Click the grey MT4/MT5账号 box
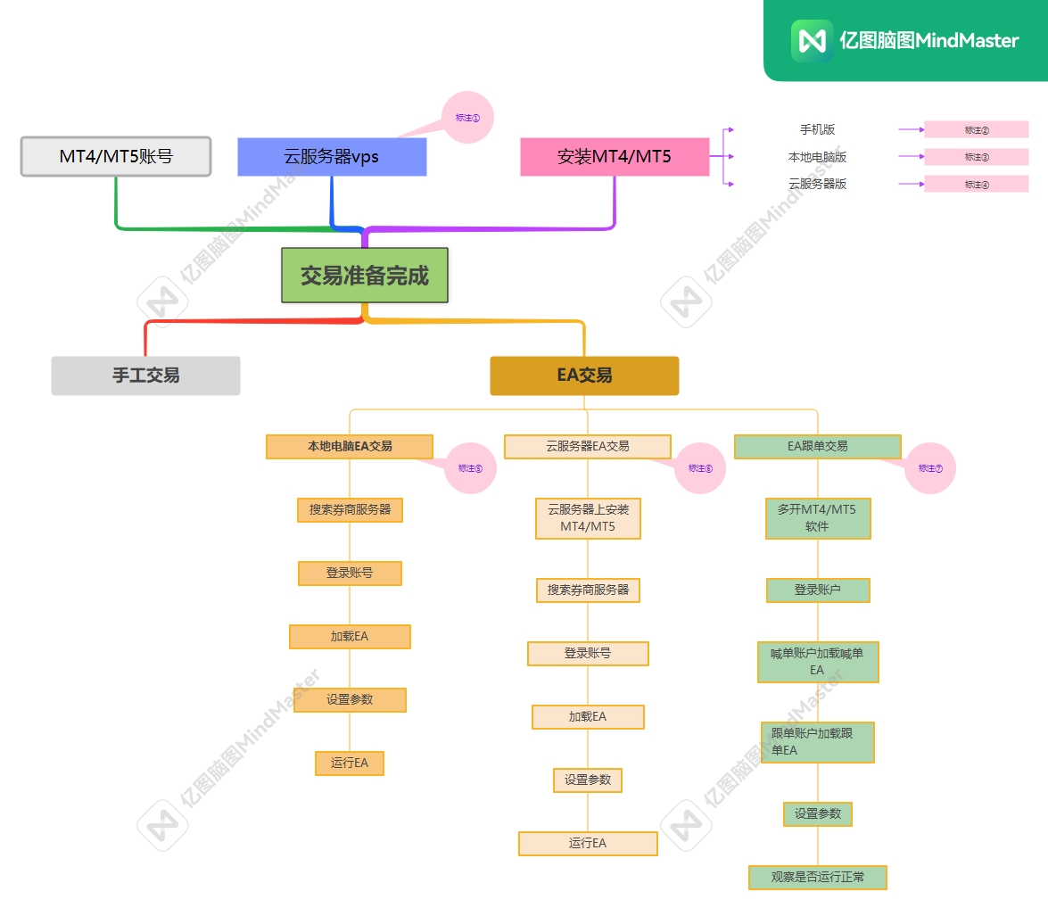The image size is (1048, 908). [116, 156]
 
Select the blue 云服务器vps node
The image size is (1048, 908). [332, 156]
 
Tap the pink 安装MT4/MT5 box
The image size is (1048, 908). [615, 156]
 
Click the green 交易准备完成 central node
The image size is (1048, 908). [364, 276]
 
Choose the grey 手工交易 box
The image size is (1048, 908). [145, 376]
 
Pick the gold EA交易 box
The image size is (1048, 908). [584, 376]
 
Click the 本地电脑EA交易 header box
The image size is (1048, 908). [350, 446]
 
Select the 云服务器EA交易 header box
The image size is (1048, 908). [588, 446]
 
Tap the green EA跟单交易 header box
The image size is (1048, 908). [817, 446]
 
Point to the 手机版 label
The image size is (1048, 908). [817, 129]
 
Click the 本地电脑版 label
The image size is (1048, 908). [817, 157]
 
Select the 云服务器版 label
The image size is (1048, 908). [817, 184]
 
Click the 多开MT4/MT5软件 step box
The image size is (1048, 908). [817, 518]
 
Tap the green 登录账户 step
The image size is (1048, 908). [817, 590]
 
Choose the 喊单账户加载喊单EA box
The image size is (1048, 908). [817, 661]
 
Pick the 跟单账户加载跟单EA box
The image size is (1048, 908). [817, 742]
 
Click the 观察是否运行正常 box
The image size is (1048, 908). [817, 877]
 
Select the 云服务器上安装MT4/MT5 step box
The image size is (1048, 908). [588, 518]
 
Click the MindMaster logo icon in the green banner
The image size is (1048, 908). [812, 41]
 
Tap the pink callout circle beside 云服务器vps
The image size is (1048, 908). [468, 117]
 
